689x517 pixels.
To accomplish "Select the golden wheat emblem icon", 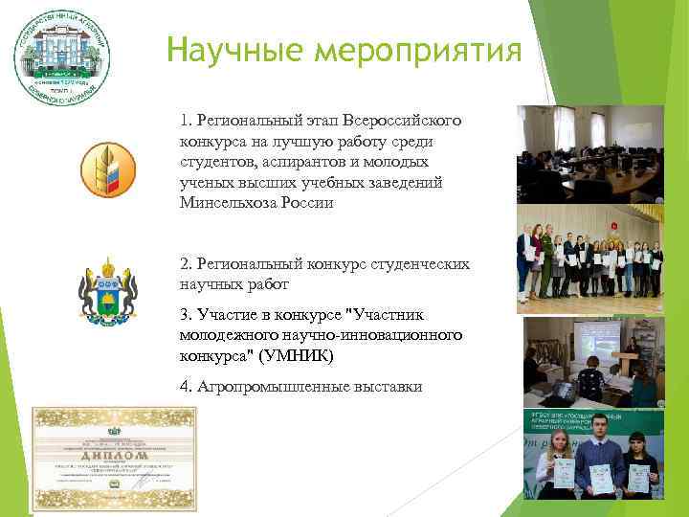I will [x=106, y=169].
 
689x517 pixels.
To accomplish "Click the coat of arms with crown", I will [x=106, y=288].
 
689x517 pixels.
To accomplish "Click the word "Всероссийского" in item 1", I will [x=406, y=123].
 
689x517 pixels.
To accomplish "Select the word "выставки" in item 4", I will [x=386, y=386].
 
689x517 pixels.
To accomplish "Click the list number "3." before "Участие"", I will [x=185, y=314].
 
